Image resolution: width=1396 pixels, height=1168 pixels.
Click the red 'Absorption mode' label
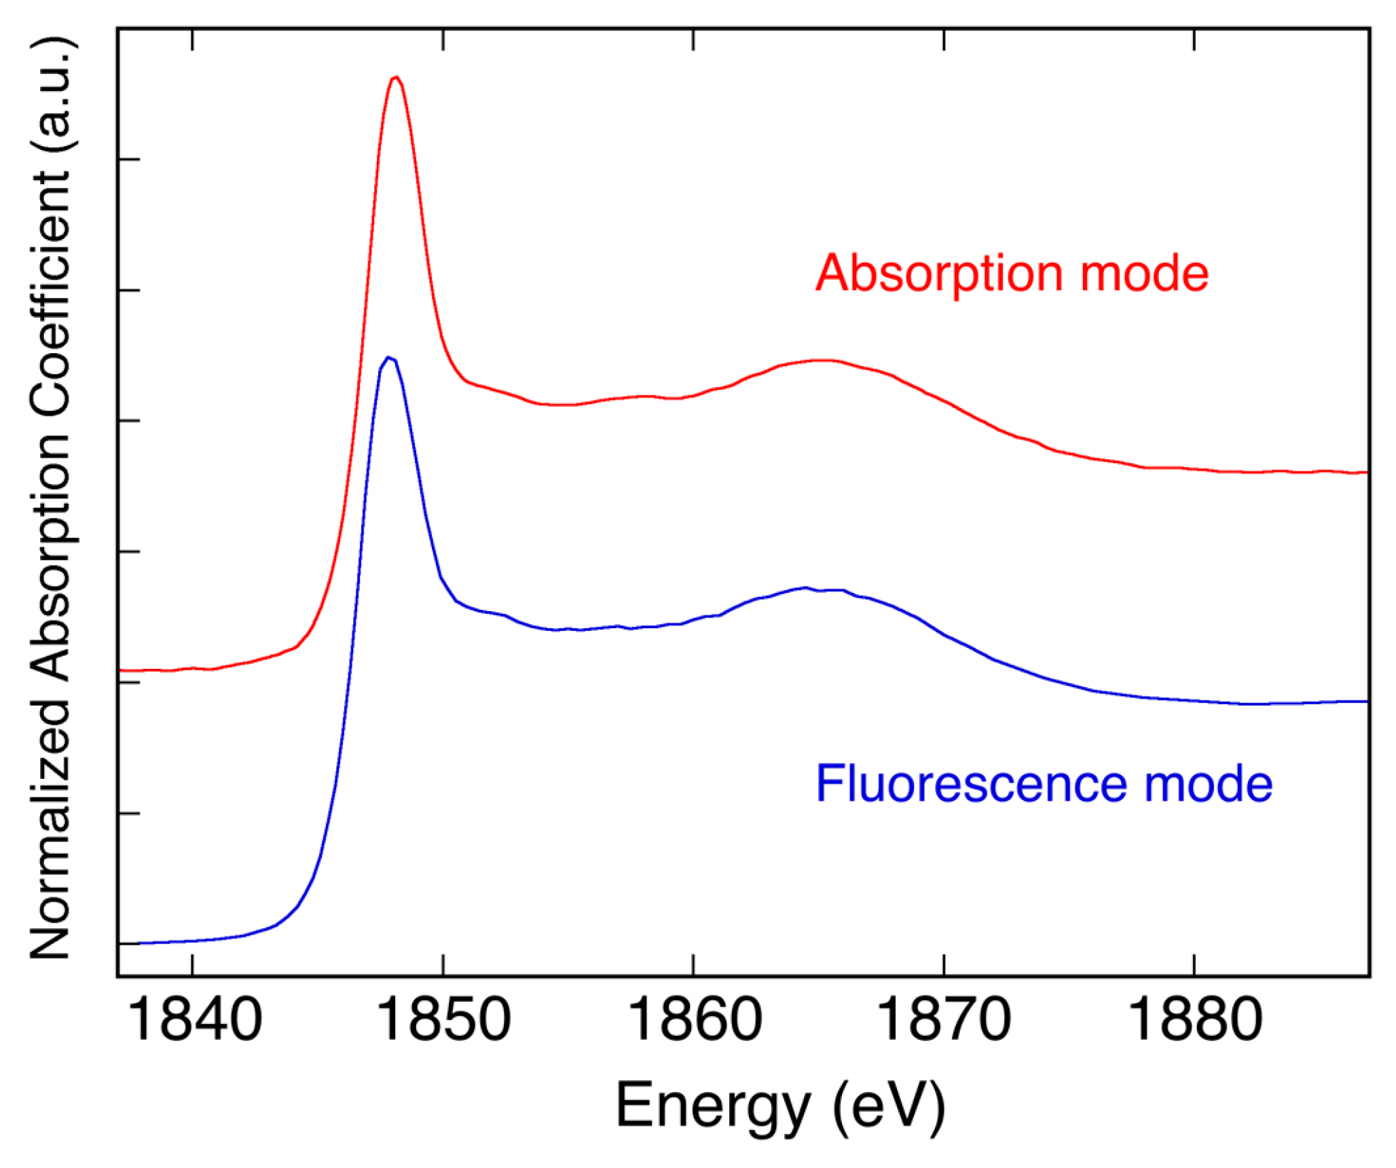pyautogui.click(x=1012, y=274)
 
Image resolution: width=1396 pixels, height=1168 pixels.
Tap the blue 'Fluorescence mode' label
pyautogui.click(x=1044, y=784)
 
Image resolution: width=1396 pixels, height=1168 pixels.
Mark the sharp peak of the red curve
pyautogui.click(x=397, y=77)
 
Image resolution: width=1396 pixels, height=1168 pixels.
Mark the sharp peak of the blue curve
pyautogui.click(x=388, y=357)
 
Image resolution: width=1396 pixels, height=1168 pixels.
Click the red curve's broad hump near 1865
pyautogui.click(x=822, y=361)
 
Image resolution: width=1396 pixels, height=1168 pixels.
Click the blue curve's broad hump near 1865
pyautogui.click(x=806, y=588)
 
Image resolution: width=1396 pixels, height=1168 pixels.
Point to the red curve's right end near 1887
pyautogui.click(x=1363, y=472)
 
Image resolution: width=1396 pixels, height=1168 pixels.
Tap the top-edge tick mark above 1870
pyautogui.click(x=944, y=39)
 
